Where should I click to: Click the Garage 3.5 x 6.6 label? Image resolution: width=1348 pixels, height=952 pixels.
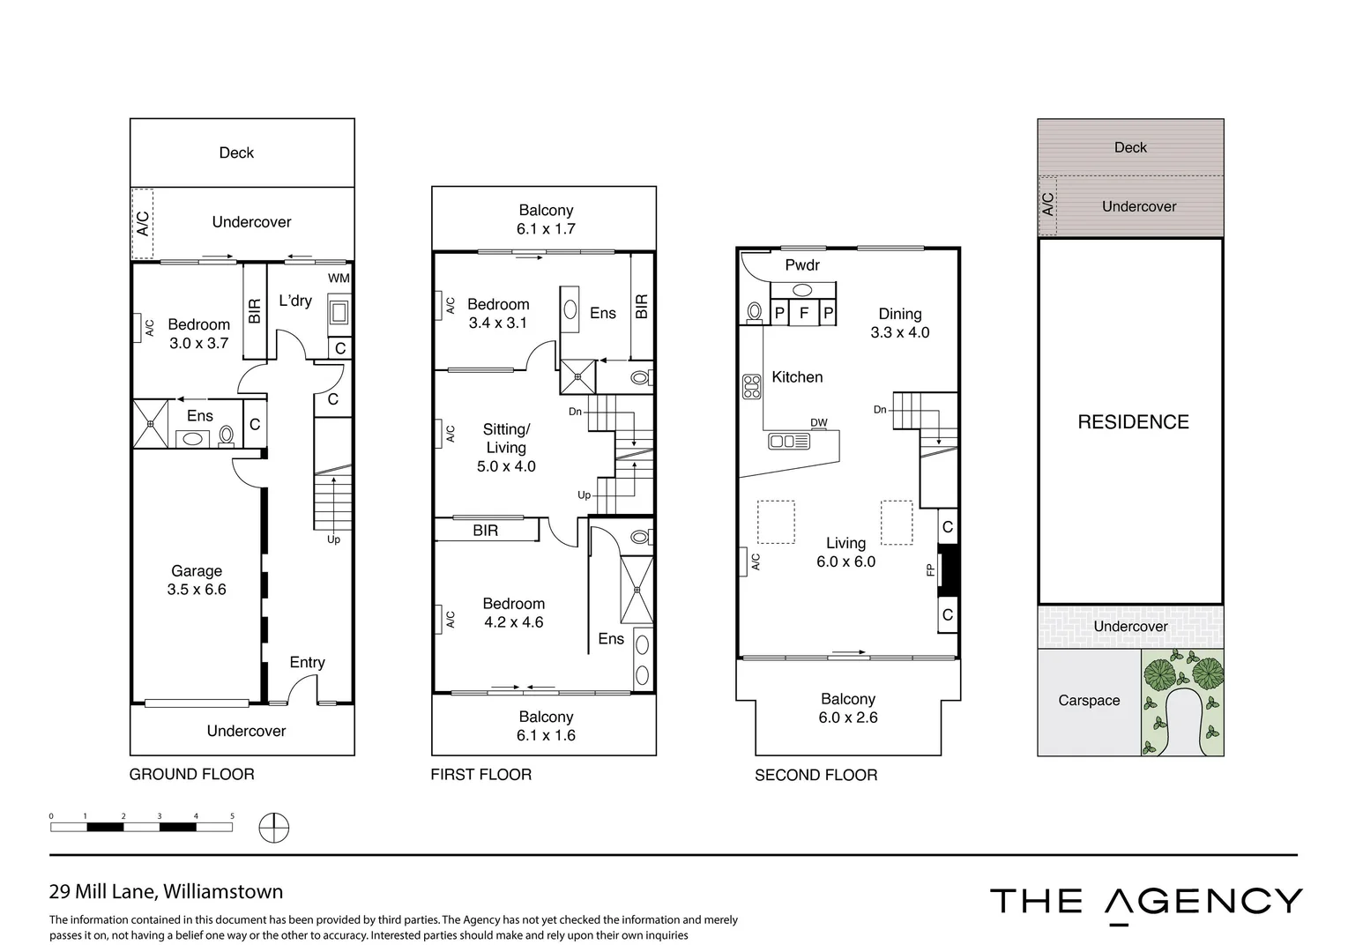click(197, 580)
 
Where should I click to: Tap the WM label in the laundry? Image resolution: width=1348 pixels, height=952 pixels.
click(339, 279)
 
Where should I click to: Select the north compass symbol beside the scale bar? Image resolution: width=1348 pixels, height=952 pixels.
click(274, 828)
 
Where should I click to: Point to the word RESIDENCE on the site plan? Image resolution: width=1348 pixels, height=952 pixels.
click(1133, 422)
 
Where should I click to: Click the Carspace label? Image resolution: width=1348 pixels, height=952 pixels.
click(1089, 701)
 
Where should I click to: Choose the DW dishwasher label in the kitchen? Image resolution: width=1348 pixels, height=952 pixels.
click(819, 423)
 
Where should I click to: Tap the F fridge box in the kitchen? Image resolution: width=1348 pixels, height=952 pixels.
click(803, 313)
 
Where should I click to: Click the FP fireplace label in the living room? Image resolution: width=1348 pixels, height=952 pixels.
click(930, 570)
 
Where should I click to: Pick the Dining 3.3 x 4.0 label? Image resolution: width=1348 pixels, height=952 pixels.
click(899, 323)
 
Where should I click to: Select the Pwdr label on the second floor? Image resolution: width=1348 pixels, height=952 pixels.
click(802, 265)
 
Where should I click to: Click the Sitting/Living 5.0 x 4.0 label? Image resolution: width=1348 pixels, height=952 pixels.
click(506, 448)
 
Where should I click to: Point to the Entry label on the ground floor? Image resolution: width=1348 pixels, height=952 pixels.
click(307, 662)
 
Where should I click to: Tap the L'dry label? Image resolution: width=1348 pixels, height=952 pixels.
click(295, 301)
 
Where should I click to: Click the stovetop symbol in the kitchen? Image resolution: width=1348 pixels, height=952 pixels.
click(751, 387)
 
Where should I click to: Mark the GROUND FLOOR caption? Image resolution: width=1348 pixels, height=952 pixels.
click(191, 775)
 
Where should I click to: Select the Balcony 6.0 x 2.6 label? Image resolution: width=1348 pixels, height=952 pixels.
click(847, 708)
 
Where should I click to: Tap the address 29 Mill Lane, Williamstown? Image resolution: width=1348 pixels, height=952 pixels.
click(166, 891)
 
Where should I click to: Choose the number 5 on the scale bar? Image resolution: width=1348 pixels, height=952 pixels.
click(232, 816)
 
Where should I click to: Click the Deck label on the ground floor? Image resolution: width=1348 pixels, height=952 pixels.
click(236, 152)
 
